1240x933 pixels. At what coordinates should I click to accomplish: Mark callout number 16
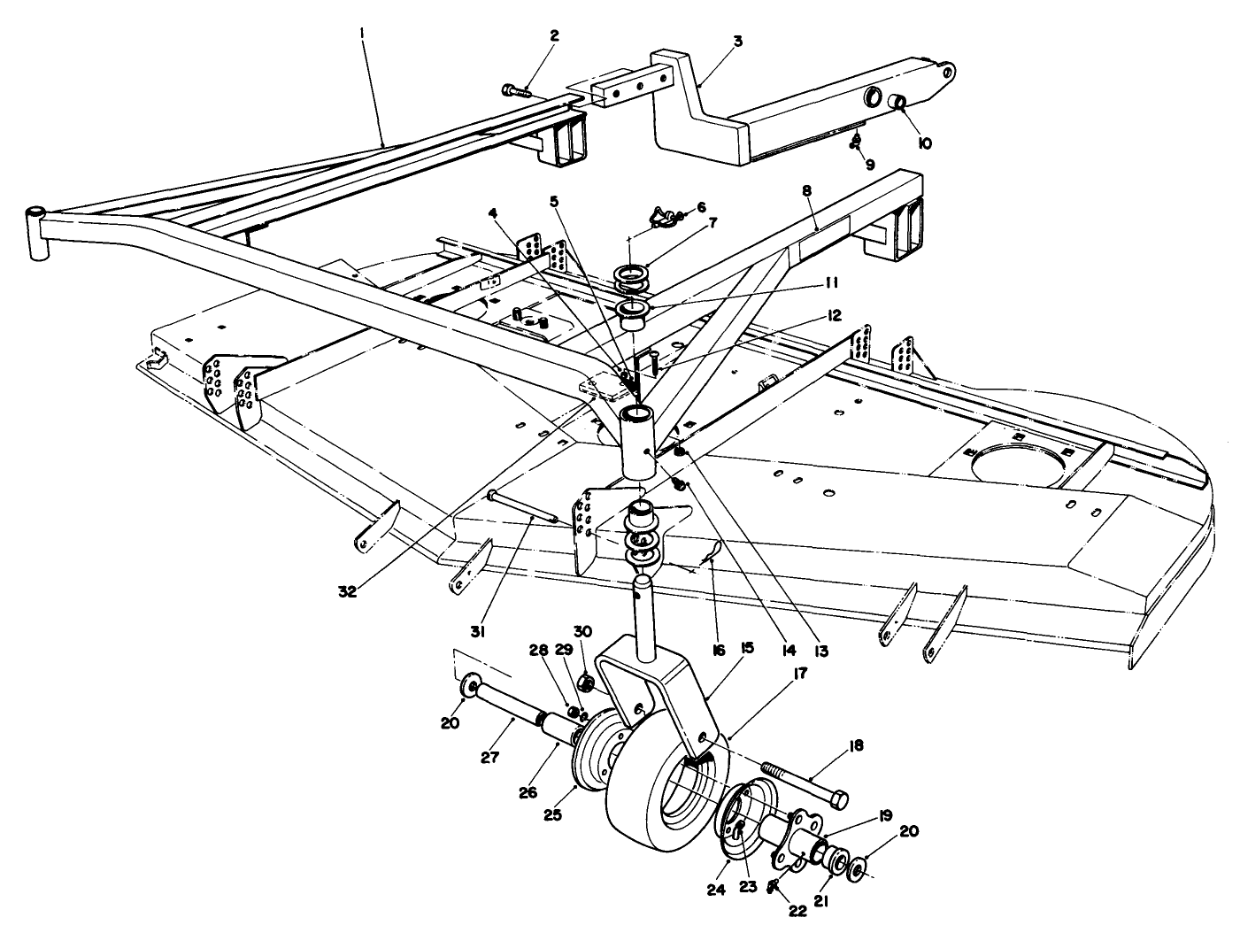(718, 651)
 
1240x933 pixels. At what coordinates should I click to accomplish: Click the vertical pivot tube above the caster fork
(640, 443)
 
